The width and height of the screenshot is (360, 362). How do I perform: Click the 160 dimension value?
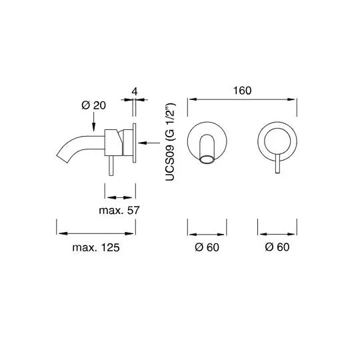(x=242, y=91)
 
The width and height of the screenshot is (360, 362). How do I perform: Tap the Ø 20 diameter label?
(x=93, y=105)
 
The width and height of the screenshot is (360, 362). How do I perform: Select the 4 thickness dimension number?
(x=135, y=91)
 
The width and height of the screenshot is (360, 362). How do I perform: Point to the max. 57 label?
(x=119, y=210)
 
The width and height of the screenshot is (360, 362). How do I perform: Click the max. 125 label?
(x=96, y=247)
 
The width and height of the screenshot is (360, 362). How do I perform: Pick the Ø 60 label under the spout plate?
(x=207, y=247)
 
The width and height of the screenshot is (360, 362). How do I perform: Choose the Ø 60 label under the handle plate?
(x=277, y=247)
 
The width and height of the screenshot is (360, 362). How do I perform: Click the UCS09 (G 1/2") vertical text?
(x=171, y=142)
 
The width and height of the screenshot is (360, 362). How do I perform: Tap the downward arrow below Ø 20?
(x=93, y=122)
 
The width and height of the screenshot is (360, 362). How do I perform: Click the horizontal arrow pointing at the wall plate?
(x=149, y=143)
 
